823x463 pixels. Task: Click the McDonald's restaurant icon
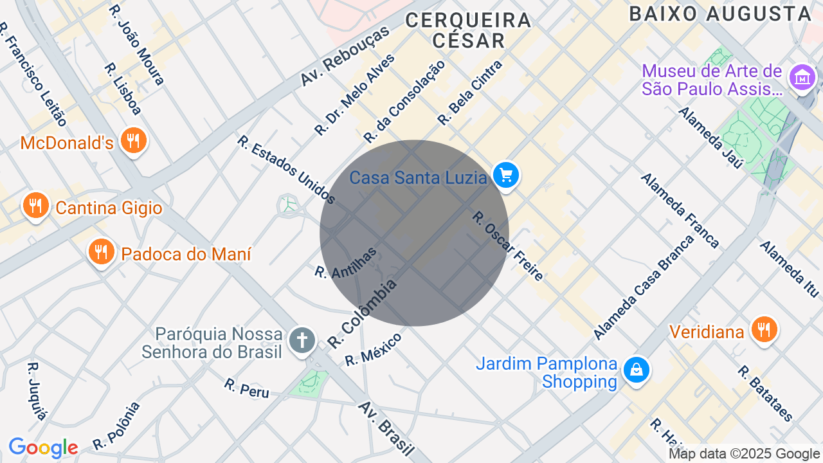133,140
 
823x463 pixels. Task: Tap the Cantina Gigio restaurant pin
35,206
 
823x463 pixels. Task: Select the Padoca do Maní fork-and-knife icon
101,252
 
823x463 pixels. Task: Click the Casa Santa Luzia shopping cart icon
506,175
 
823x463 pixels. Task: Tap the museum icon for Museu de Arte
802,78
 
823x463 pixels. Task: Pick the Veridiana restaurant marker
764,330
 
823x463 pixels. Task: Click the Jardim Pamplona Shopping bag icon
636,371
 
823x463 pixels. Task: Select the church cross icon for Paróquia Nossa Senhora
302,340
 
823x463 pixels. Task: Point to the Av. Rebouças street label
345,56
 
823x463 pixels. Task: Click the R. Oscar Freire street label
508,246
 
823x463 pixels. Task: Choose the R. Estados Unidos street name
286,169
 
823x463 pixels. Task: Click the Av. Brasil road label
386,428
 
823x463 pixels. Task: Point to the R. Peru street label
247,388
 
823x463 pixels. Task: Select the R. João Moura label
137,45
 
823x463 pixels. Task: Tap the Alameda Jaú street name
710,138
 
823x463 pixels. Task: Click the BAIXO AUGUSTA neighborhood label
721,14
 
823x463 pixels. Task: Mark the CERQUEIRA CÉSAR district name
469,30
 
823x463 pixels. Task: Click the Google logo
43,448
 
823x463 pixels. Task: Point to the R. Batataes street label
765,394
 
